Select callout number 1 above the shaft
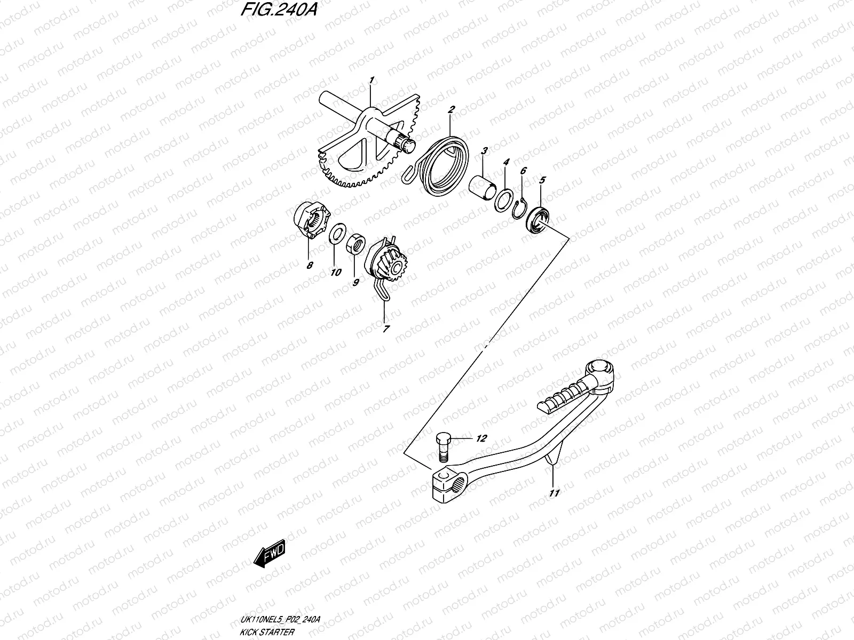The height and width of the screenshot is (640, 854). click(371, 81)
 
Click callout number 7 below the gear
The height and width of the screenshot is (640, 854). click(386, 329)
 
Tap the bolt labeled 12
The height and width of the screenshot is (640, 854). click(443, 446)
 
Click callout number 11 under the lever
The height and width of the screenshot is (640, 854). click(555, 493)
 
